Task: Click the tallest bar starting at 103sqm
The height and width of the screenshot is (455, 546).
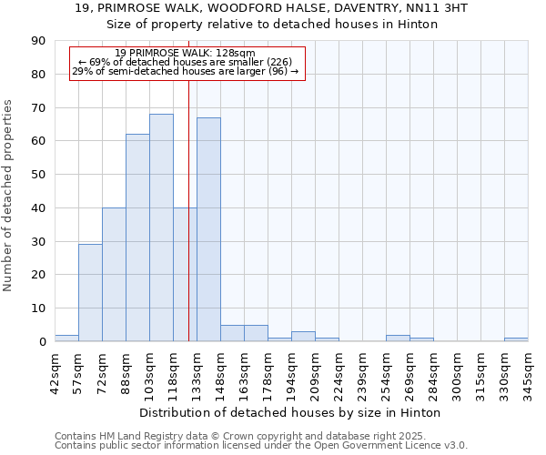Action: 161,227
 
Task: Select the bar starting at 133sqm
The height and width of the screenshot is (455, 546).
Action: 208,229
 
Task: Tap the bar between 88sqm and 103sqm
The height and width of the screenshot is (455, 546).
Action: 137,238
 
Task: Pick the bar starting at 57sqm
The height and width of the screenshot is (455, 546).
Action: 90,293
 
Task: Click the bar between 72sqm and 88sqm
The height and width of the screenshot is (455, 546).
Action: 114,274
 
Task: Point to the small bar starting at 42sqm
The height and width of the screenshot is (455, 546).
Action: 66,339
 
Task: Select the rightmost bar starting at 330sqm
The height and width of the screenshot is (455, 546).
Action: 516,339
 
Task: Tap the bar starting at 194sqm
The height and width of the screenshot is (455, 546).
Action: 303,337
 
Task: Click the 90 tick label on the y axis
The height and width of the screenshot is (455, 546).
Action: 38,41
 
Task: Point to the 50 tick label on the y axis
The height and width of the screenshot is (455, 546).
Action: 38,175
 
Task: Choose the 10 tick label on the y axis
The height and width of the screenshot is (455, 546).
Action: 38,308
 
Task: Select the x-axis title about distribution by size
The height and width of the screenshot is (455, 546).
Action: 290,412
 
